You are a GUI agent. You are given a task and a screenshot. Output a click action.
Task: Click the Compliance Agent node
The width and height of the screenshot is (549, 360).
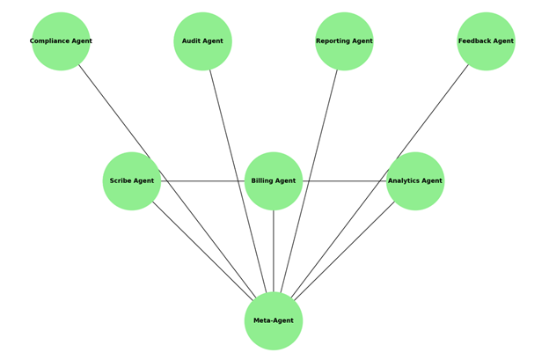61,41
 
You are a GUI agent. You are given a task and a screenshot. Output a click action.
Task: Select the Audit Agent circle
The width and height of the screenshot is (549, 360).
202,41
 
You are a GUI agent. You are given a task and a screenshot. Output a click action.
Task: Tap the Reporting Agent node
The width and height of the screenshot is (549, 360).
344,41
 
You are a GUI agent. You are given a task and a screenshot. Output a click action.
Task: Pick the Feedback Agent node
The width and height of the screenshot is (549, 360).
486,41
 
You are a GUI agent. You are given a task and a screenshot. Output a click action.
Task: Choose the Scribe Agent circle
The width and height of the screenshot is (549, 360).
132,181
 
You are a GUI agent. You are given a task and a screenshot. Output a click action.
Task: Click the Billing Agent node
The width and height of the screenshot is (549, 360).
274,181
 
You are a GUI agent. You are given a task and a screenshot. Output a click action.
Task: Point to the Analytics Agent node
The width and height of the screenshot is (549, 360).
415,181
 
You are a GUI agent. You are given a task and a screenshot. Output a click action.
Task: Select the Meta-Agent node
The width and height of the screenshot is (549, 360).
274,321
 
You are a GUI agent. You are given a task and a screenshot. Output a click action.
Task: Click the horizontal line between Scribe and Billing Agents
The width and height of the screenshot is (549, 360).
202,181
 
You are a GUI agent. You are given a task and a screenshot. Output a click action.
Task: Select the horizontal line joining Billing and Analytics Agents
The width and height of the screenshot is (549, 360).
344,181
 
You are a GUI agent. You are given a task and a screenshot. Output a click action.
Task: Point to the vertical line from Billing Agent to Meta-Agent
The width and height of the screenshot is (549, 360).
274,251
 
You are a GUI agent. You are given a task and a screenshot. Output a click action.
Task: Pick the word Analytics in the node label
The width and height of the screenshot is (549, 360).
404,181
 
